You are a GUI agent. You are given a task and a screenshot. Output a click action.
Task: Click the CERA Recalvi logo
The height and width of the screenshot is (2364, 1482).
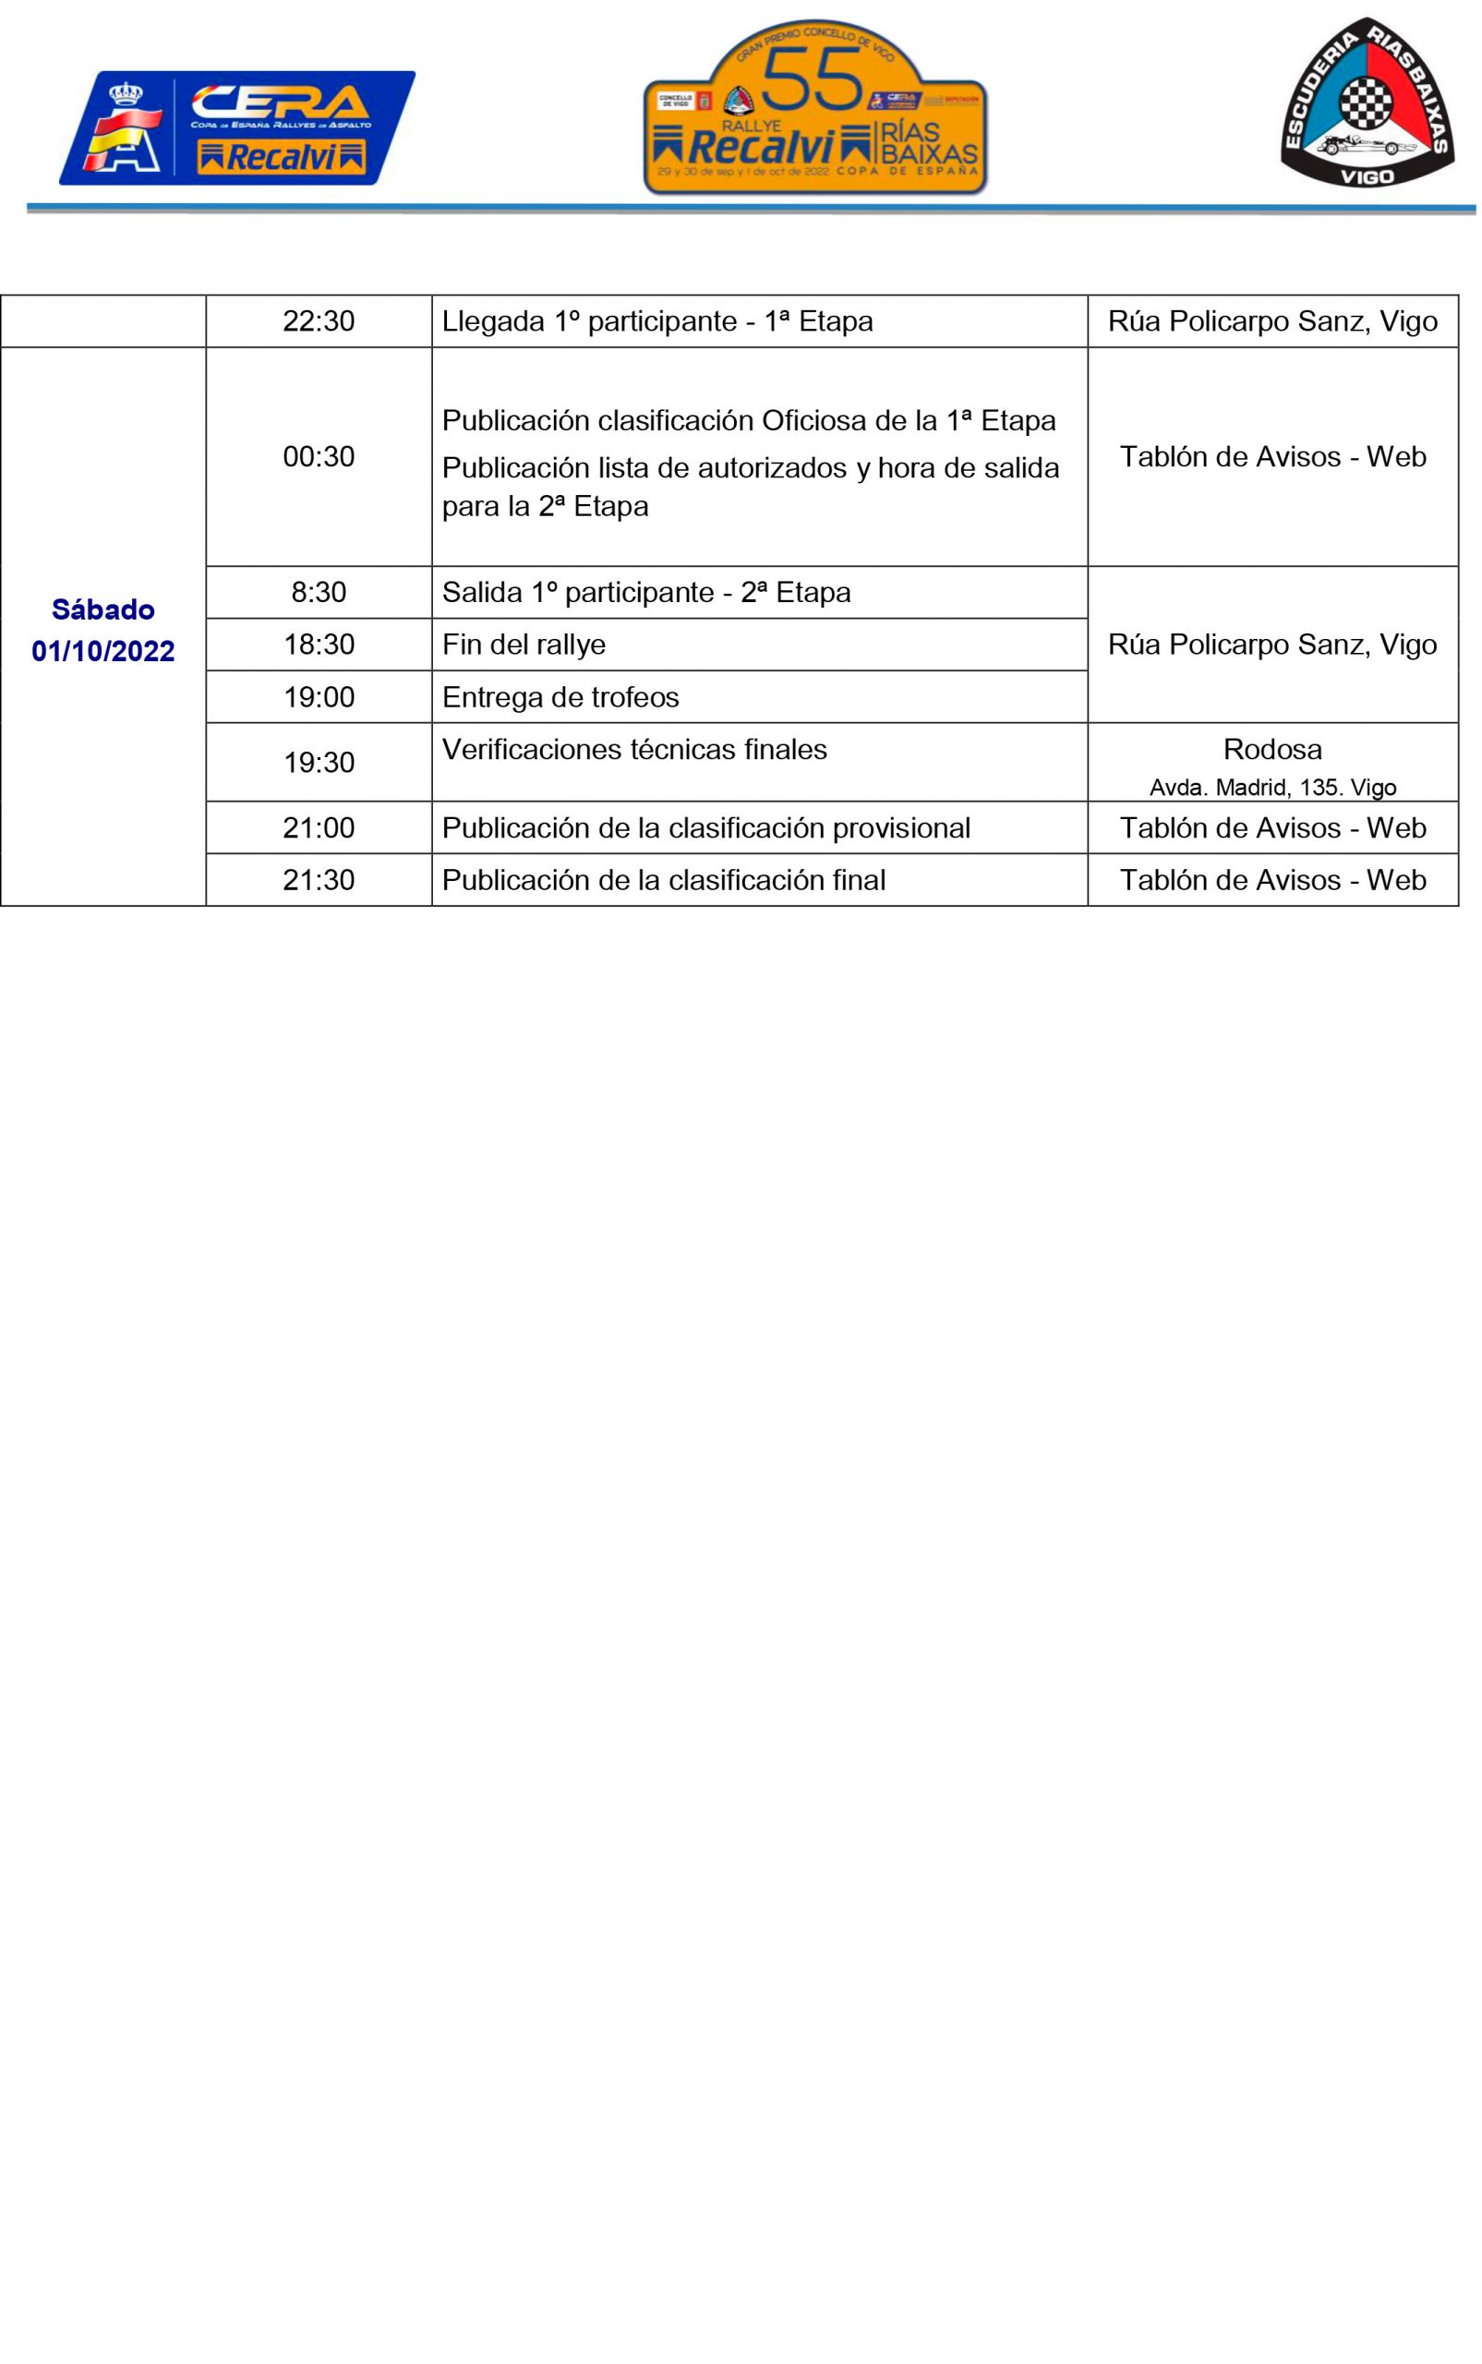236,127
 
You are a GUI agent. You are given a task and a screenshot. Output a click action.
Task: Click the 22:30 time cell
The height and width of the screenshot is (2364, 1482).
319,321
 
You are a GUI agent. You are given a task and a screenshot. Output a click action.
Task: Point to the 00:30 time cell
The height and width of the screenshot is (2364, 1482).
319,457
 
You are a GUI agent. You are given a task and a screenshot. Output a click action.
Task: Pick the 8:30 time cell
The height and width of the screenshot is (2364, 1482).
319,592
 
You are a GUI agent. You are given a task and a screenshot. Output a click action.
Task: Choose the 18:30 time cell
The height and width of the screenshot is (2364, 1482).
319,644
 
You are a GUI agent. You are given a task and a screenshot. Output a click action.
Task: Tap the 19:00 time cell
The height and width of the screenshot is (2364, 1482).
319,697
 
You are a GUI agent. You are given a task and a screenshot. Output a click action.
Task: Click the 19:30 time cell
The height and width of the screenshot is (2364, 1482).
319,763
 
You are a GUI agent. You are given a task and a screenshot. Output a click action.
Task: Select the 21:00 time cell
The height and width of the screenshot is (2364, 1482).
319,828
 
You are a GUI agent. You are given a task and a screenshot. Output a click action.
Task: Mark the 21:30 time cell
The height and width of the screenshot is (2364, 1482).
319,880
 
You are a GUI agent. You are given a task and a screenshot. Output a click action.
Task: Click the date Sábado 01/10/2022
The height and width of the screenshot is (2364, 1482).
102,630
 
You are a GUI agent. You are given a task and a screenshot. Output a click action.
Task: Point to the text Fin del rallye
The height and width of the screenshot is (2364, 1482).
524,645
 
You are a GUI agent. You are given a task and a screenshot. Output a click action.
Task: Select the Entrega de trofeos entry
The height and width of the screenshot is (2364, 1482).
560,698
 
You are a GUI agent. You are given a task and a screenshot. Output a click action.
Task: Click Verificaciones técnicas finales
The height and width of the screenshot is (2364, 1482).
634,750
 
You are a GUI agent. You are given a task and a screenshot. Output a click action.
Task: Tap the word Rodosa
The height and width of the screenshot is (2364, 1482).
1272,750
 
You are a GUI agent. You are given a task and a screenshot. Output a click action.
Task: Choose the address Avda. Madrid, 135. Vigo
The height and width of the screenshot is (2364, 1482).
1272,787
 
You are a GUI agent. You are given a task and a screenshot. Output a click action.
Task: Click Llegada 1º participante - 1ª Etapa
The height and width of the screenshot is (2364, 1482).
657,321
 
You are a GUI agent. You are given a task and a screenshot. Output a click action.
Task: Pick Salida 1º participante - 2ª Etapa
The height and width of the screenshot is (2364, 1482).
646,593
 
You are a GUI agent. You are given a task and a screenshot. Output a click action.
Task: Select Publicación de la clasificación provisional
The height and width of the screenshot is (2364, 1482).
705,828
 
